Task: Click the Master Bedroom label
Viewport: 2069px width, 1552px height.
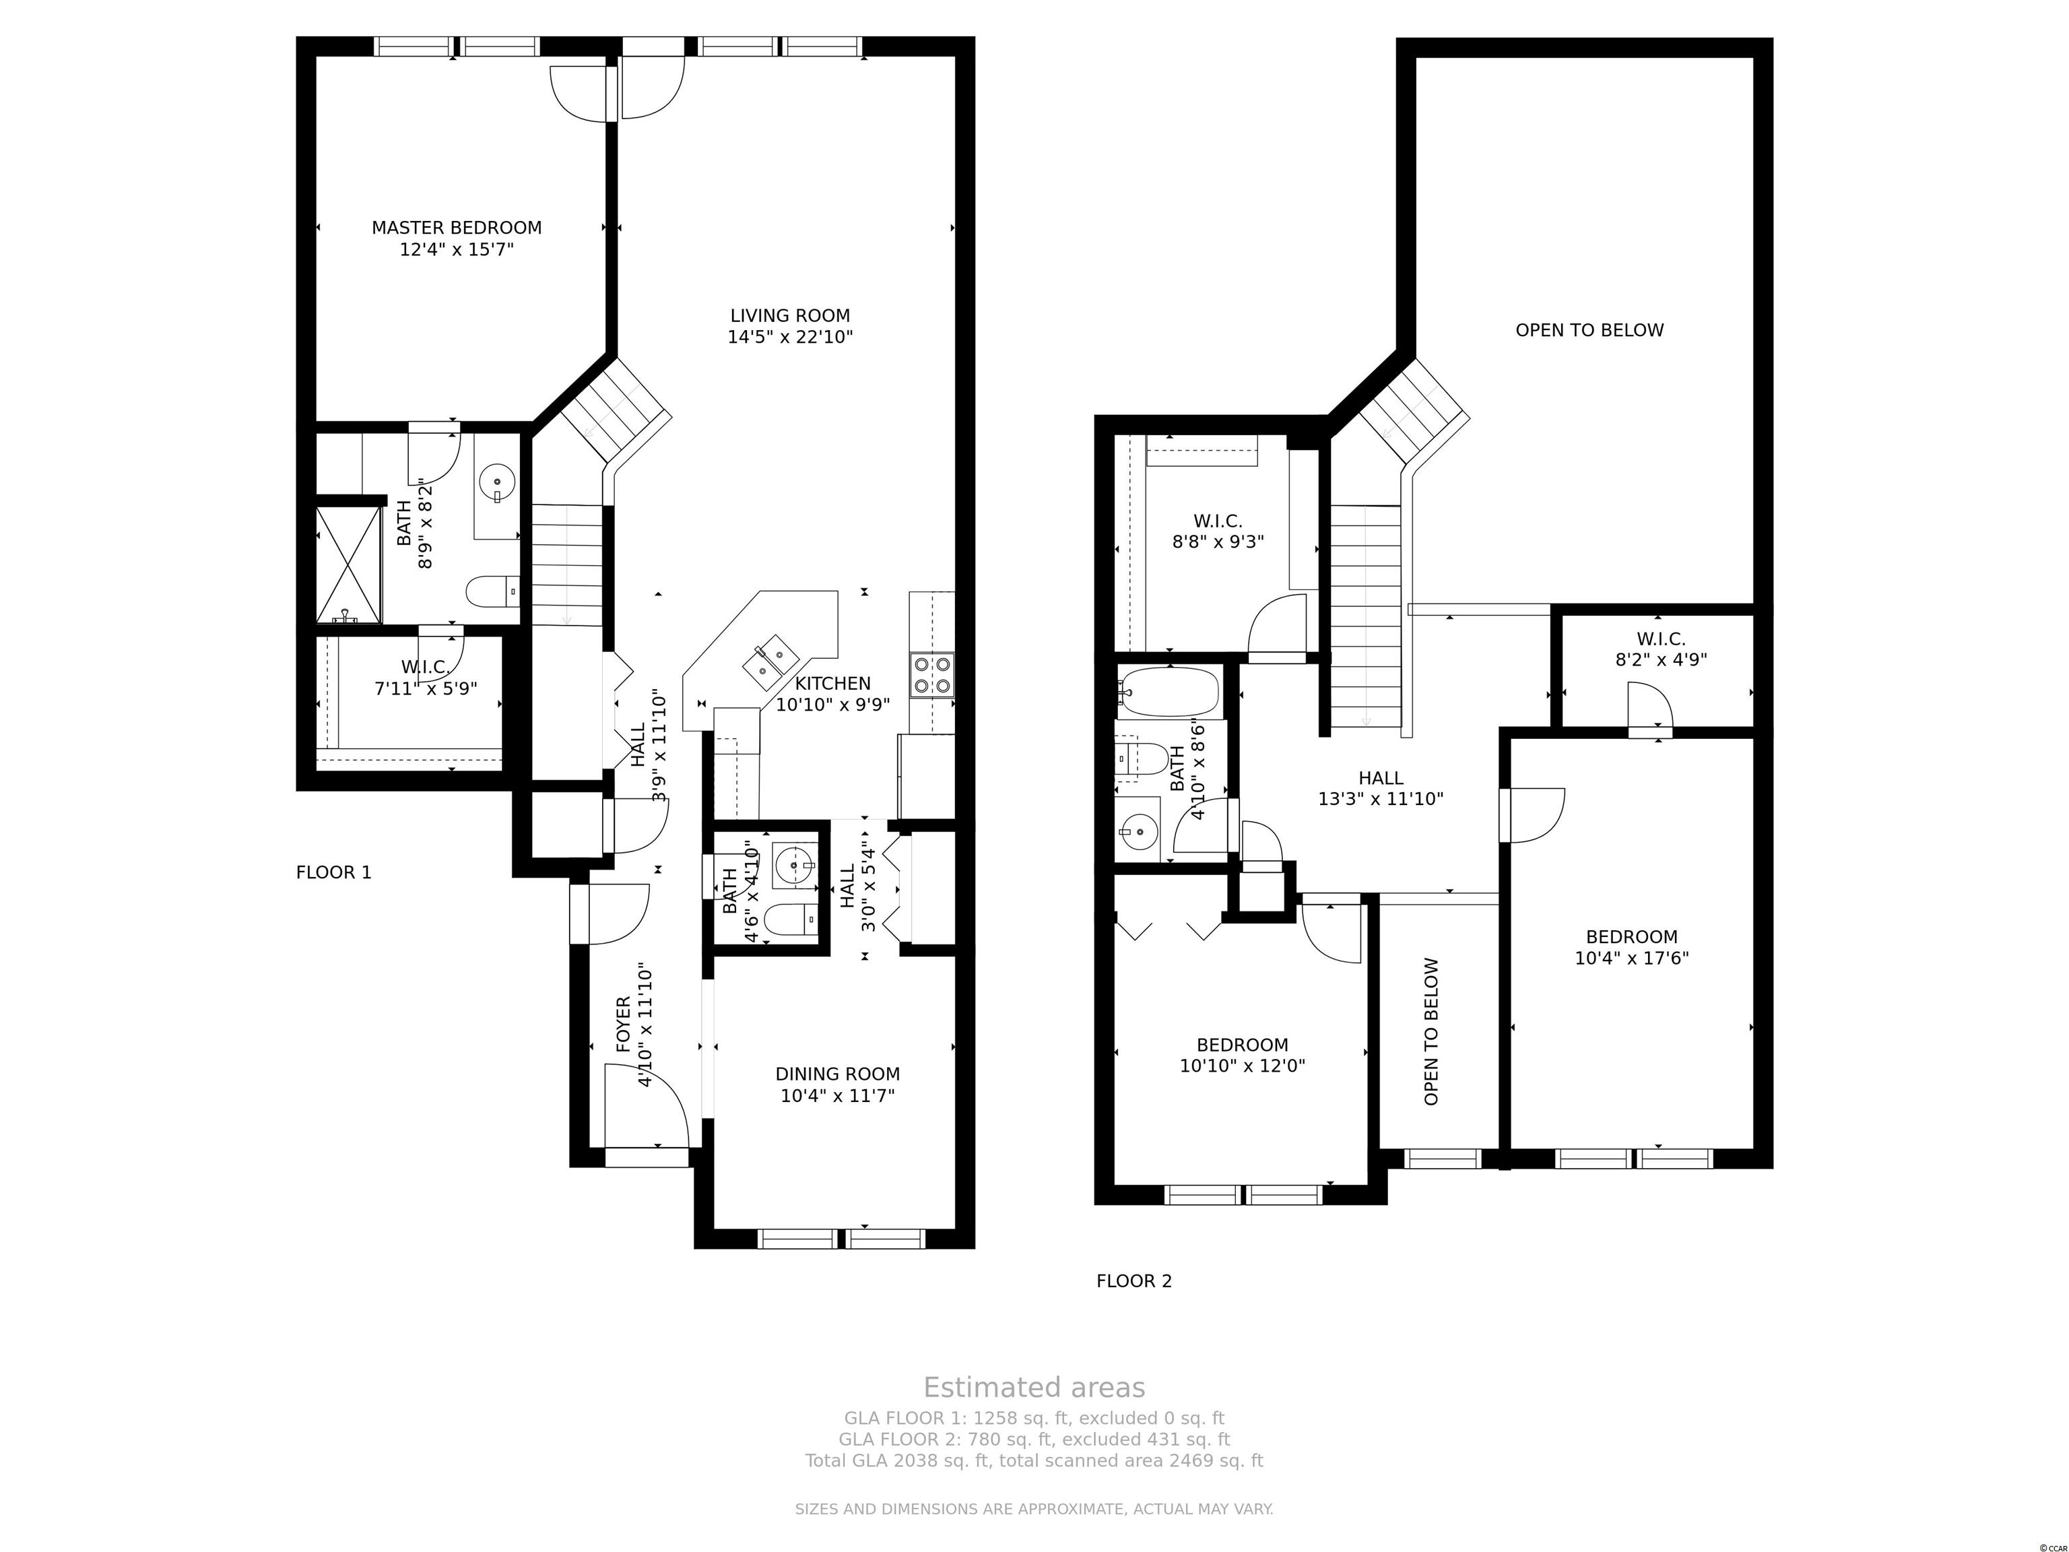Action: click(x=457, y=238)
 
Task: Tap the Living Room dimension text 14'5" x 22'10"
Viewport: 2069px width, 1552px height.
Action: click(x=791, y=337)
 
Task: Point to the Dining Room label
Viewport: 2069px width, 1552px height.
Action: click(x=837, y=1085)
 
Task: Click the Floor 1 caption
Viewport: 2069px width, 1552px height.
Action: click(x=334, y=873)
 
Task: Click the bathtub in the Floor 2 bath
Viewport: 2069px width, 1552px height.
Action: click(x=1169, y=692)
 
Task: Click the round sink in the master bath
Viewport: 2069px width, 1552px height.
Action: click(x=496, y=484)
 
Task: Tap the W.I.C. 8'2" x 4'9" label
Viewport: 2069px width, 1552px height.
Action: click(x=1661, y=649)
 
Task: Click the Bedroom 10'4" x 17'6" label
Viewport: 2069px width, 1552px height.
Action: click(x=1631, y=946)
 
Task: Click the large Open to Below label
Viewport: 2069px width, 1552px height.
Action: click(x=1589, y=330)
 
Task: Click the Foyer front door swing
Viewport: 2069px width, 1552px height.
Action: click(x=647, y=1107)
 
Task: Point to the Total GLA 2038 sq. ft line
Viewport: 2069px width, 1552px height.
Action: click(x=1034, y=1460)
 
